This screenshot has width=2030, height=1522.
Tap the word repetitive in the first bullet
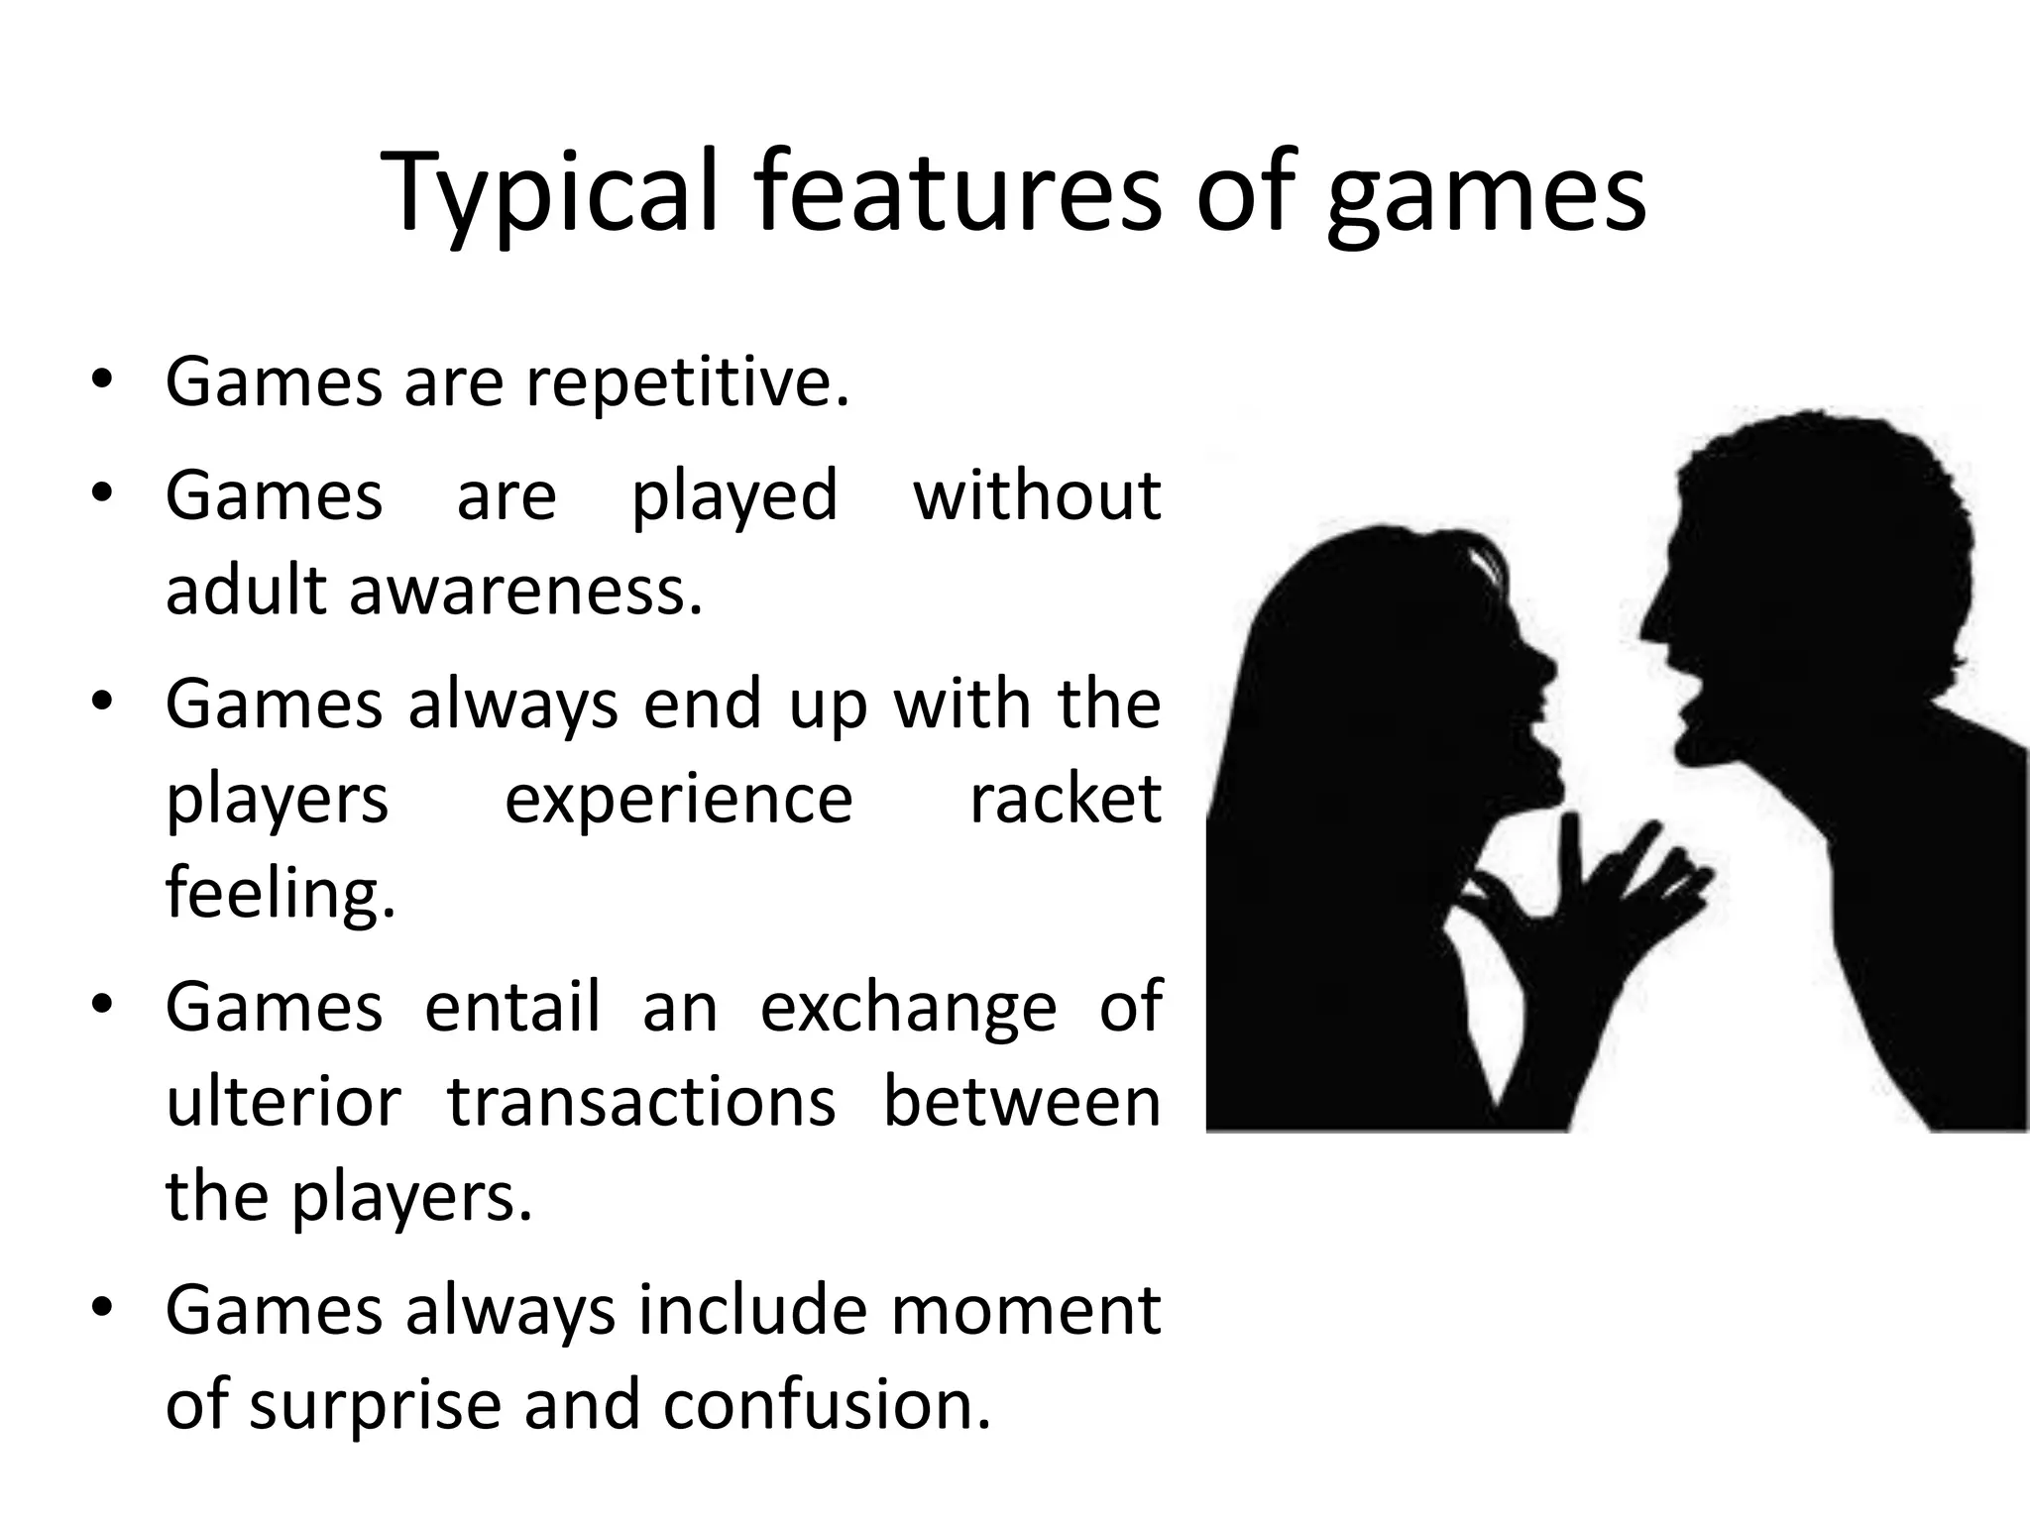click(687, 382)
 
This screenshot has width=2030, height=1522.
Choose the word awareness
click(525, 591)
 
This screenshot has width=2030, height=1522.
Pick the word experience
click(678, 801)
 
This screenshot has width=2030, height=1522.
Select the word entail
click(512, 1007)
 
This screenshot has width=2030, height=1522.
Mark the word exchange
click(909, 1009)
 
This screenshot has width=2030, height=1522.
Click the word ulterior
click(283, 1102)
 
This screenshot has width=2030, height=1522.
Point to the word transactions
click(641, 1102)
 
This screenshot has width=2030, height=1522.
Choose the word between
click(1021, 1102)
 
